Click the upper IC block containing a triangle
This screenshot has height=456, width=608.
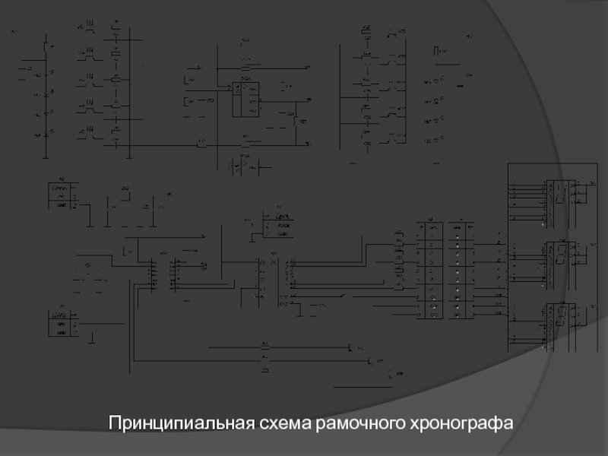click(x=245, y=99)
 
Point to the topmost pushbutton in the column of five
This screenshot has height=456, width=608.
click(x=90, y=30)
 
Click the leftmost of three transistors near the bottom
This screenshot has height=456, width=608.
click(x=350, y=348)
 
